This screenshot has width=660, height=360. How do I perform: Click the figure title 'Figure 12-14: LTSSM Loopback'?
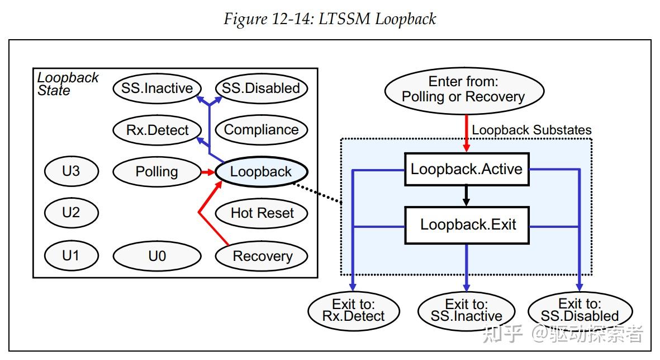(x=330, y=19)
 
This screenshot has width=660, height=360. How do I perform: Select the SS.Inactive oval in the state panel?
(x=157, y=88)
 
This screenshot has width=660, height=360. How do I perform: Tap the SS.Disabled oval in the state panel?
(x=261, y=88)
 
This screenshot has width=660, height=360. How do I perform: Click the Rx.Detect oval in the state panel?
(x=157, y=130)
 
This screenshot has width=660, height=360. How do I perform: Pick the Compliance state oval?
(x=261, y=130)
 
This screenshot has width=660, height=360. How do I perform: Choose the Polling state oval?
(x=156, y=172)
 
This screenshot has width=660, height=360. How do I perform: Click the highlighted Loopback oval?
(x=261, y=172)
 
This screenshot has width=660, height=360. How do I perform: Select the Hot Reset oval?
(x=262, y=213)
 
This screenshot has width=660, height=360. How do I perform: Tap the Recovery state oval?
(x=262, y=256)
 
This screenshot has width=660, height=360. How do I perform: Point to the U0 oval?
(x=157, y=256)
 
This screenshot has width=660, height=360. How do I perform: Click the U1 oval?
(x=71, y=256)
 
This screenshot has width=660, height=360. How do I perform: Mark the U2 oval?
(x=71, y=213)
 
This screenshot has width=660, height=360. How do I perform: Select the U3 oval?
(x=71, y=171)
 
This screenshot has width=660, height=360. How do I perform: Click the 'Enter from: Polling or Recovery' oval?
(x=463, y=89)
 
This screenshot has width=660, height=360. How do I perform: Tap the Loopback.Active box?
(x=467, y=169)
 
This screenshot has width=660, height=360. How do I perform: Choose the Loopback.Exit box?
(x=467, y=225)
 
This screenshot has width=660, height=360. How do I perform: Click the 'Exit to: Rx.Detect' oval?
(x=353, y=311)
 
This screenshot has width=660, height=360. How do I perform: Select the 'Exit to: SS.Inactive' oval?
(x=467, y=311)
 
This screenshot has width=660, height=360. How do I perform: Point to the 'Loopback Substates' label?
(x=531, y=130)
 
